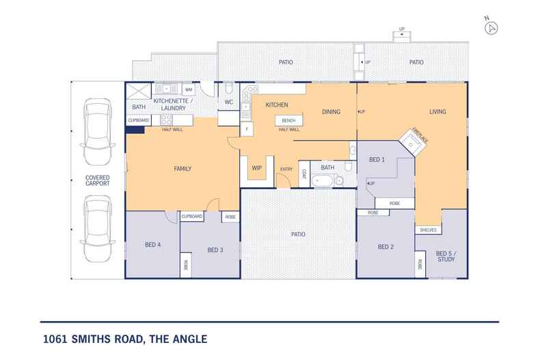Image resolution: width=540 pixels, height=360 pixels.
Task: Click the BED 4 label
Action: (x=152, y=245)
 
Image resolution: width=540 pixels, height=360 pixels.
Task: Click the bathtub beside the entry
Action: (x=323, y=181)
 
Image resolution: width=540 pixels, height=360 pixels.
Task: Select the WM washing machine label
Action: (x=188, y=89)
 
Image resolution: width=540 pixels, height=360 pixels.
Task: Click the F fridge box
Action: (x=246, y=128)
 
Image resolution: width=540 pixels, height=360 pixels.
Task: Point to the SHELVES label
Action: (x=427, y=230)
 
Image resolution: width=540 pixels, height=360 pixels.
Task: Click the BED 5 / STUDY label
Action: (x=445, y=255)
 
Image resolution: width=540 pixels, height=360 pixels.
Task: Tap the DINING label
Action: (x=331, y=112)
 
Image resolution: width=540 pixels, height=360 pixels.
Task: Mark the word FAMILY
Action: (x=182, y=169)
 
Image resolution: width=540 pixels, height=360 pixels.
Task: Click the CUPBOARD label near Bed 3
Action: (x=192, y=217)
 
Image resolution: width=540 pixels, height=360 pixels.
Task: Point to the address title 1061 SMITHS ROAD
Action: (x=123, y=338)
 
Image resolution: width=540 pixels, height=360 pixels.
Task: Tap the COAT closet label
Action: (x=303, y=174)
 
